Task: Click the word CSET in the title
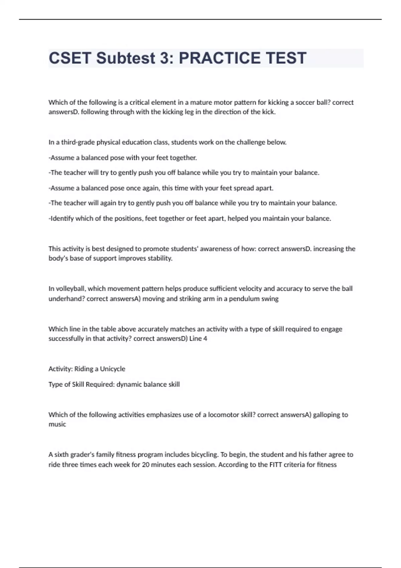pyautogui.click(x=70, y=58)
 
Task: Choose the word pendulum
pyautogui.click(x=244, y=299)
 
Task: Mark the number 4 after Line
pyautogui.click(x=205, y=338)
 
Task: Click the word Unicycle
pyautogui.click(x=113, y=369)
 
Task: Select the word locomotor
pyautogui.click(x=223, y=415)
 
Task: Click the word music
pyautogui.click(x=57, y=424)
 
